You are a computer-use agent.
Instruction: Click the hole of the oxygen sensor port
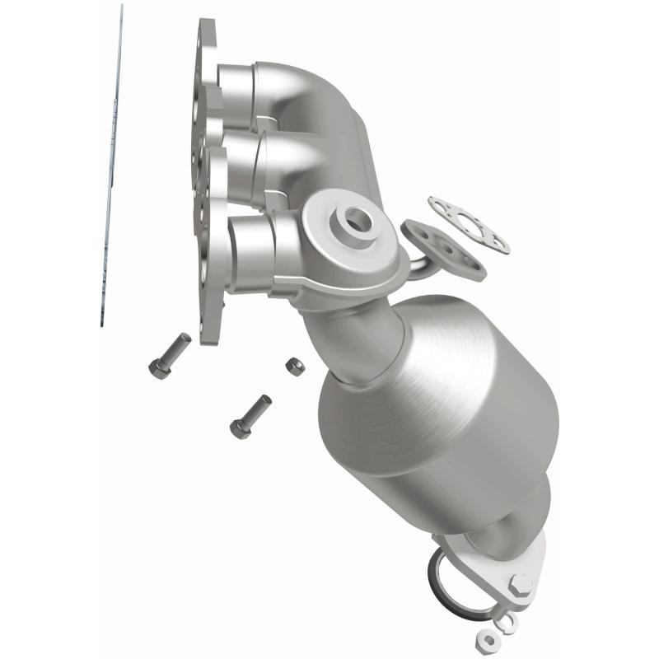(x=357, y=218)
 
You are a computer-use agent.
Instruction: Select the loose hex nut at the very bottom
(x=484, y=638)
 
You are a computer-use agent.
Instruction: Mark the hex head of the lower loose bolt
(x=238, y=428)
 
